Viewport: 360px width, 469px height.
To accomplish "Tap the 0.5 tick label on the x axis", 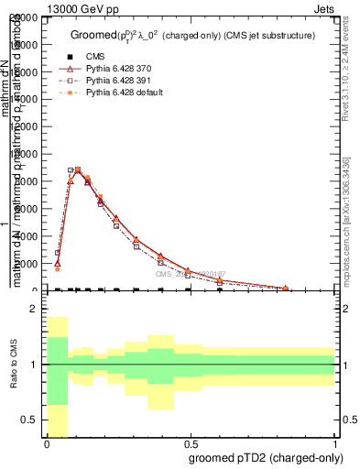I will click(190, 443).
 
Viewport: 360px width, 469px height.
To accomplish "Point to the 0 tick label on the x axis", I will click(46, 443).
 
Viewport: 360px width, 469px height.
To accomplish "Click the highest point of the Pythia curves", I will click(78, 169).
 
